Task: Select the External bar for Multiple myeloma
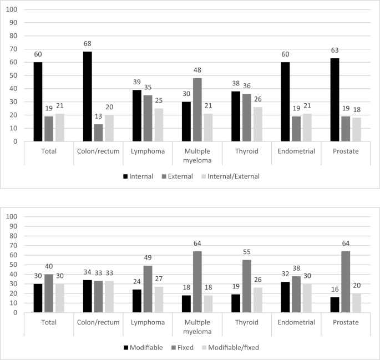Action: (x=198, y=110)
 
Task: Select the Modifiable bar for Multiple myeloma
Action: (x=187, y=303)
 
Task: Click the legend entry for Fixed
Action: (x=188, y=348)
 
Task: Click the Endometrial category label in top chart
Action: (x=296, y=150)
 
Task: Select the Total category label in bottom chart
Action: (x=49, y=321)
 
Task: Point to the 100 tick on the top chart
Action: (x=13, y=10)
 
